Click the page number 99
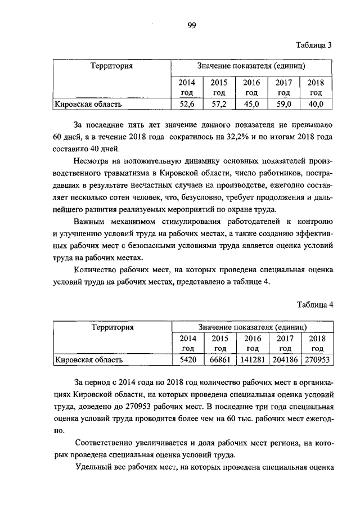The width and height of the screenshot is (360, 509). click(x=191, y=25)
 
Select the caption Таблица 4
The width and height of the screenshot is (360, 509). click(x=315, y=305)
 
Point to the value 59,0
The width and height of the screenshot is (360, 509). click(x=283, y=104)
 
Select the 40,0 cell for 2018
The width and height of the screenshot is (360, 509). click(x=316, y=104)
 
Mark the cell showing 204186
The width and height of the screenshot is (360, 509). click(x=285, y=359)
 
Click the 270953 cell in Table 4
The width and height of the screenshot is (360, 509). click(x=318, y=359)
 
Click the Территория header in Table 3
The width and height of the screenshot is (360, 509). click(x=111, y=66)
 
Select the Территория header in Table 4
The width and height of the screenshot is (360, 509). click(x=112, y=327)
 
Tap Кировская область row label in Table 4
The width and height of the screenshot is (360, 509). click(x=88, y=359)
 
